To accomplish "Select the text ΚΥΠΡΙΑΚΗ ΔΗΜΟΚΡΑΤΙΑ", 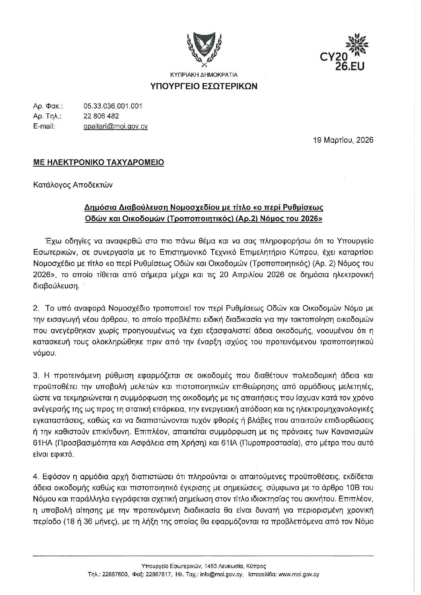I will coord(203,74).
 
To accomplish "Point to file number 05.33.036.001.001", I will coord(113,106).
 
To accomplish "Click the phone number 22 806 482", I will coord(101,116).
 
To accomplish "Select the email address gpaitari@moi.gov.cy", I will coord(115,126).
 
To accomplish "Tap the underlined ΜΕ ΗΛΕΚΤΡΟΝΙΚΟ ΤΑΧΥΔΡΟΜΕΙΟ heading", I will coord(98,163).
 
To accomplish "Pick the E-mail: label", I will coord(44,126).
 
